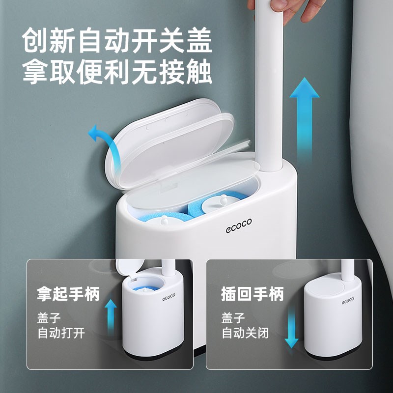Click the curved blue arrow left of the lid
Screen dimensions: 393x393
pyautogui.click(x=104, y=142)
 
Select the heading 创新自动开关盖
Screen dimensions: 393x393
pyautogui.click(x=117, y=42)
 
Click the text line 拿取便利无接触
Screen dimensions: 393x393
pyautogui.click(x=117, y=73)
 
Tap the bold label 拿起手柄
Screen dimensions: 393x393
pyautogui.click(x=68, y=294)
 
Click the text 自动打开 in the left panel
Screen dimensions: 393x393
pyautogui.click(x=61, y=333)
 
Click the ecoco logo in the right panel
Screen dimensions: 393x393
pyautogui.click(x=348, y=299)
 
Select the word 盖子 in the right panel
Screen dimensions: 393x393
pyautogui.click(x=231, y=317)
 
